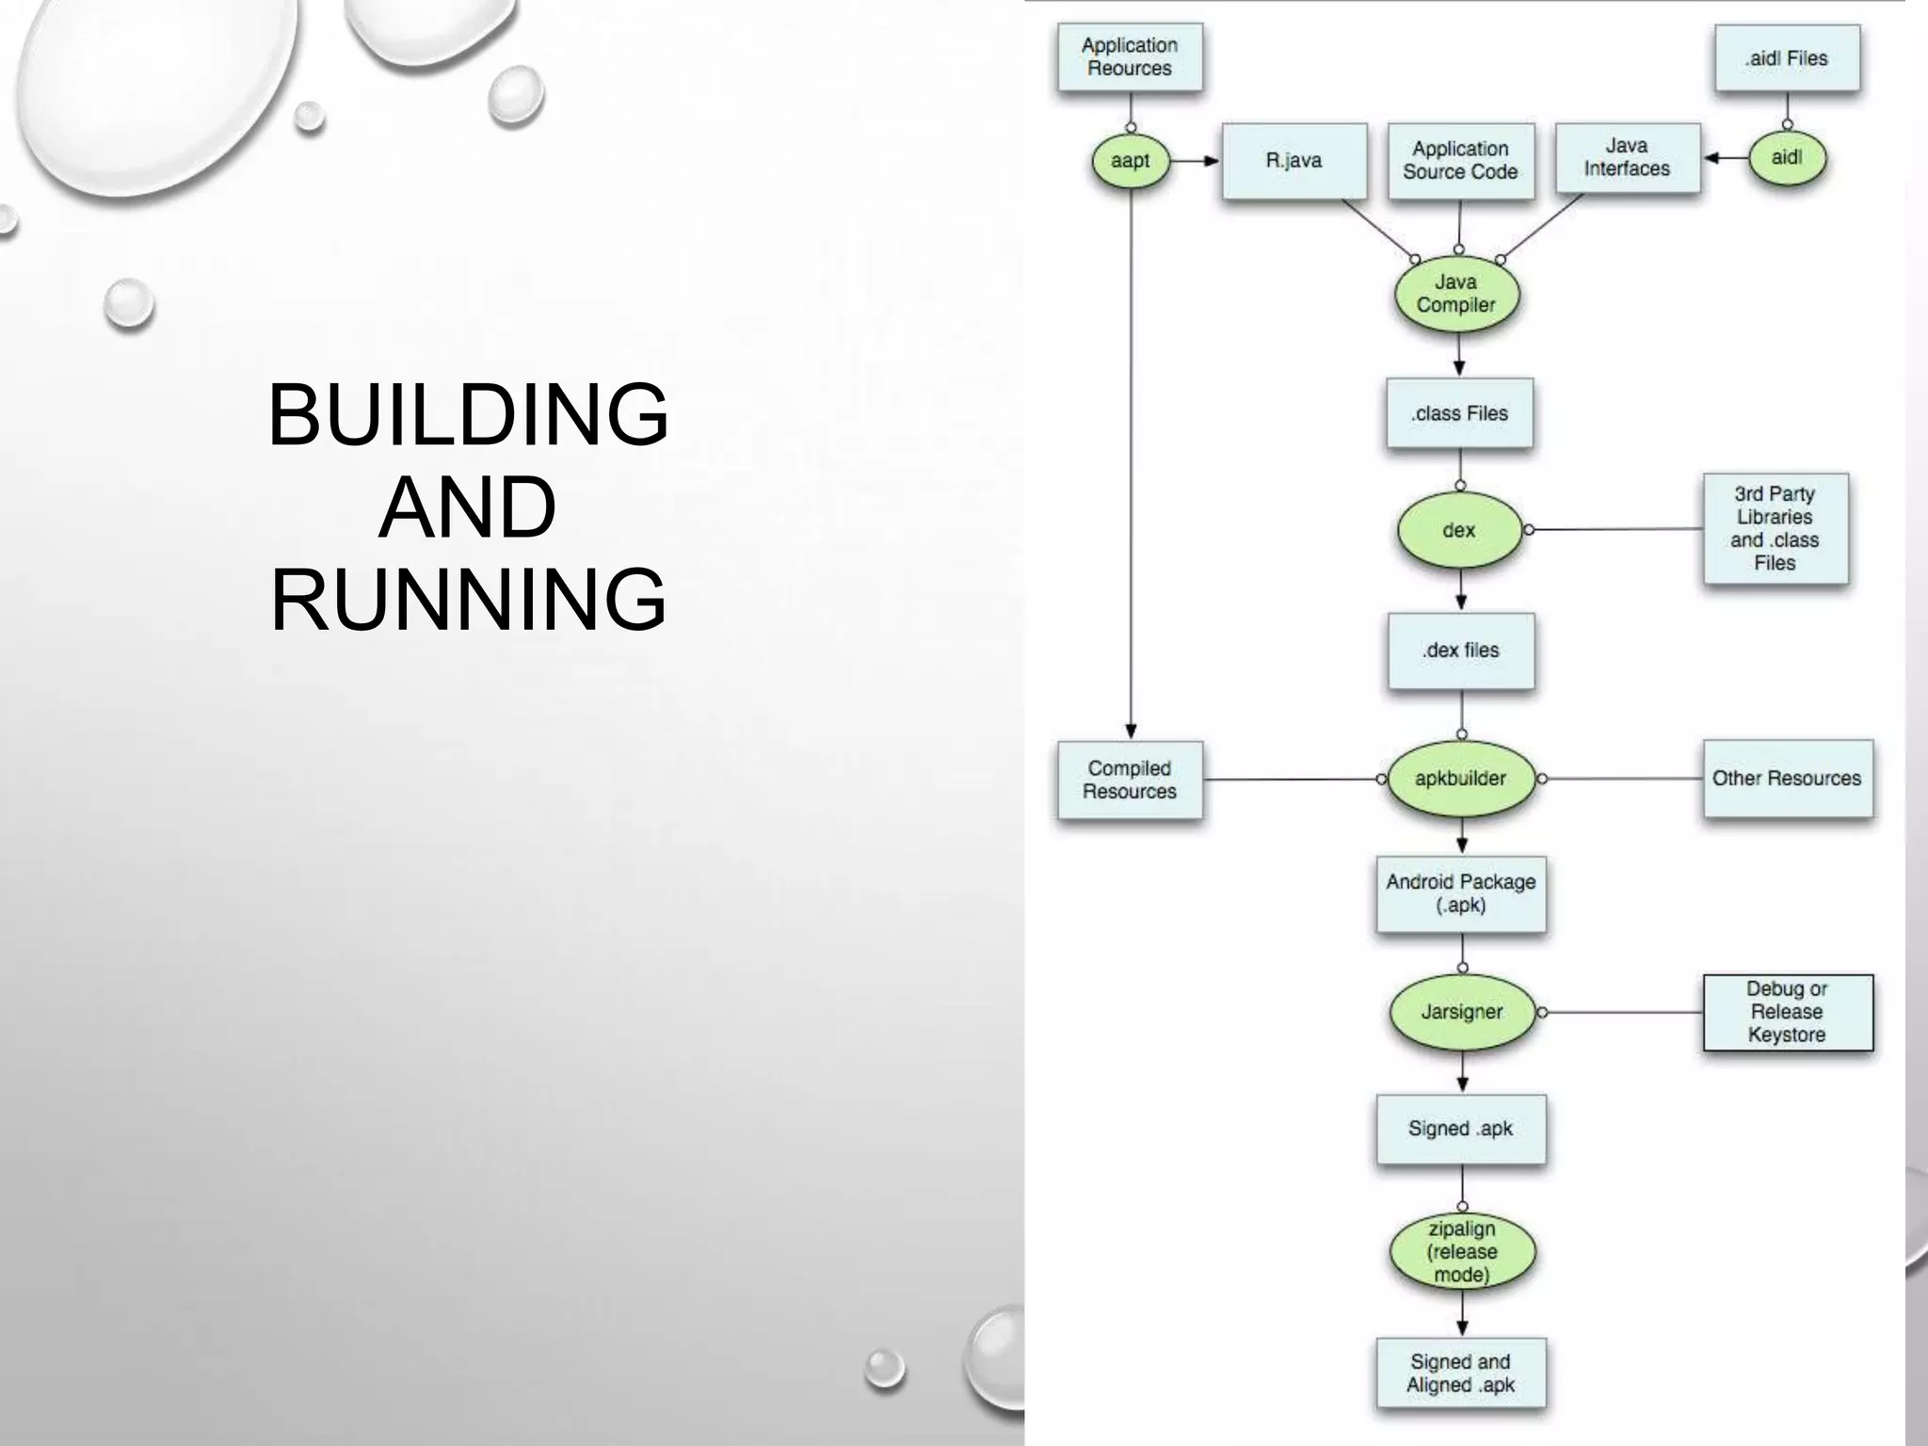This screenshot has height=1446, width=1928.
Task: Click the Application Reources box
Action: (1130, 57)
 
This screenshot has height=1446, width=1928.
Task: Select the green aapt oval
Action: (1130, 161)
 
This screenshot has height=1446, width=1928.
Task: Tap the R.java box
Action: (1293, 161)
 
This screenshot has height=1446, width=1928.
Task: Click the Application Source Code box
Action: (1460, 161)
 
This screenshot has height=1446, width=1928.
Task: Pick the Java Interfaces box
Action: (1627, 158)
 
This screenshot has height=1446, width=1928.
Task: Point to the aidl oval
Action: (1786, 158)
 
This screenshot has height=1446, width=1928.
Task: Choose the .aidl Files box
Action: (1786, 58)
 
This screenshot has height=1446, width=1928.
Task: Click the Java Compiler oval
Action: (1456, 294)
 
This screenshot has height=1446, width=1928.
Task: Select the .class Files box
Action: (1459, 413)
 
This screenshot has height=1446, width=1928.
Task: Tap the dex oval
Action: (1459, 530)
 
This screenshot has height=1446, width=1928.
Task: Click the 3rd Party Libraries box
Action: (1775, 528)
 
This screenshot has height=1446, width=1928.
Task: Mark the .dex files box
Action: (1460, 651)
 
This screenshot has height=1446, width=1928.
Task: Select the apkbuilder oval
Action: (1460, 779)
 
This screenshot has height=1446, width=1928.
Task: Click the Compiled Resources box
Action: (1130, 780)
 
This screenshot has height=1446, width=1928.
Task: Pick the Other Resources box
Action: (1787, 779)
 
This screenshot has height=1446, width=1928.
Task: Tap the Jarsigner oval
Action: (1461, 1012)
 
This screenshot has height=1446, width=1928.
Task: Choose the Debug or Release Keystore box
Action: (1787, 1012)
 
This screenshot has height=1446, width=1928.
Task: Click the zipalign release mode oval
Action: (1461, 1252)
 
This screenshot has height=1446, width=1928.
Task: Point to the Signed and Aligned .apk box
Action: (1461, 1374)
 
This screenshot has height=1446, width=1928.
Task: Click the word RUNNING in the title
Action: (469, 600)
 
